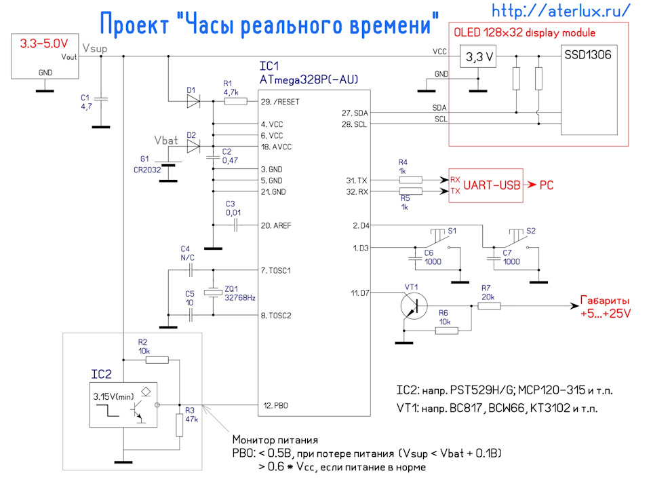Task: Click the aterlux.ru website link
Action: pos(561,11)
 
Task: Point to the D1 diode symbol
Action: pos(192,102)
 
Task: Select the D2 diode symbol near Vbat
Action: pos(192,146)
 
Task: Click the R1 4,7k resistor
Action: pos(235,102)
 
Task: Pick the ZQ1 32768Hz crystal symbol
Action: pos(214,293)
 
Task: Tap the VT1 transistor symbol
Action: pos(411,307)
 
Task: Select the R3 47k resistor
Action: pos(180,424)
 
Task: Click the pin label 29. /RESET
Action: pos(280,102)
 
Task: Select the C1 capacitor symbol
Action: pos(101,99)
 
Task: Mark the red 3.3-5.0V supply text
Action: pos(41,43)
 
